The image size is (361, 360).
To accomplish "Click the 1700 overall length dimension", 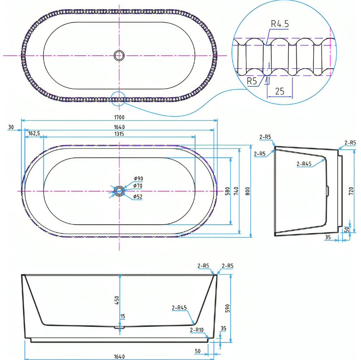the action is coord(119,117).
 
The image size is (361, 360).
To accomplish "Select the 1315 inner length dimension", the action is coord(119,134).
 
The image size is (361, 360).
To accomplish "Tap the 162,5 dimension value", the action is coord(34,133).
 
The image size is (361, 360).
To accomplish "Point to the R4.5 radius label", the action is coord(280,24).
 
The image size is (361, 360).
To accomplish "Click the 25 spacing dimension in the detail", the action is coord(280,91).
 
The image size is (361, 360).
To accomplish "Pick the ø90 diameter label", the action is coord(139,178).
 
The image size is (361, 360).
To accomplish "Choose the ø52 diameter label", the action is coord(138,196).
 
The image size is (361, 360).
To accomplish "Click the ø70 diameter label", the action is coord(138,186).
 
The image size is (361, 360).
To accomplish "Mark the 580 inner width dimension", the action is coord(228,191).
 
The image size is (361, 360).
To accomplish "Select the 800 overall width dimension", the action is coord(248,191).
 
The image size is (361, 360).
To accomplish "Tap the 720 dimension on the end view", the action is coord(351,191).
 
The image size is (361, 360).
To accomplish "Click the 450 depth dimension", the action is coord(117,301).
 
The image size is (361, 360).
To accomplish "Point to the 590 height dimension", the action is coord(228,308).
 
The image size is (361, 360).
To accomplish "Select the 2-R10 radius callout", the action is coord(196,330).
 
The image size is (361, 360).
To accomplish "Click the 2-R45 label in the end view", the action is coord(304,164).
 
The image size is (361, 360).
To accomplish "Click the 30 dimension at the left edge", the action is coord(11,127).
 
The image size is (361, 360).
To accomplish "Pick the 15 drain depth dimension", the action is coord(123,317).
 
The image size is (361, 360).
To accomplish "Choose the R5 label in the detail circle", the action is coord(252,81).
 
